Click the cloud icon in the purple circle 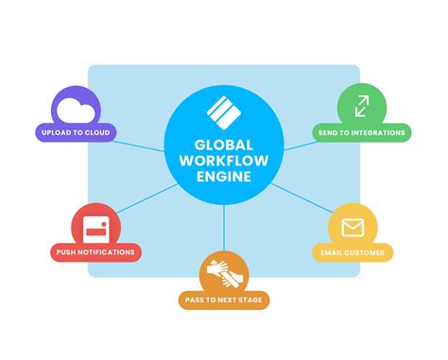(76, 111)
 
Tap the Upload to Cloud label (76, 133)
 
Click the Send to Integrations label (363, 133)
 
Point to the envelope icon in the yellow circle (353, 228)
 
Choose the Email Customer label (353, 252)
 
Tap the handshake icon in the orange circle (224, 273)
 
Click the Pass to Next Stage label (224, 300)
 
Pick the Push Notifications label (95, 252)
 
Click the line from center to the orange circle (224, 227)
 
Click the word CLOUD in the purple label (96, 133)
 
